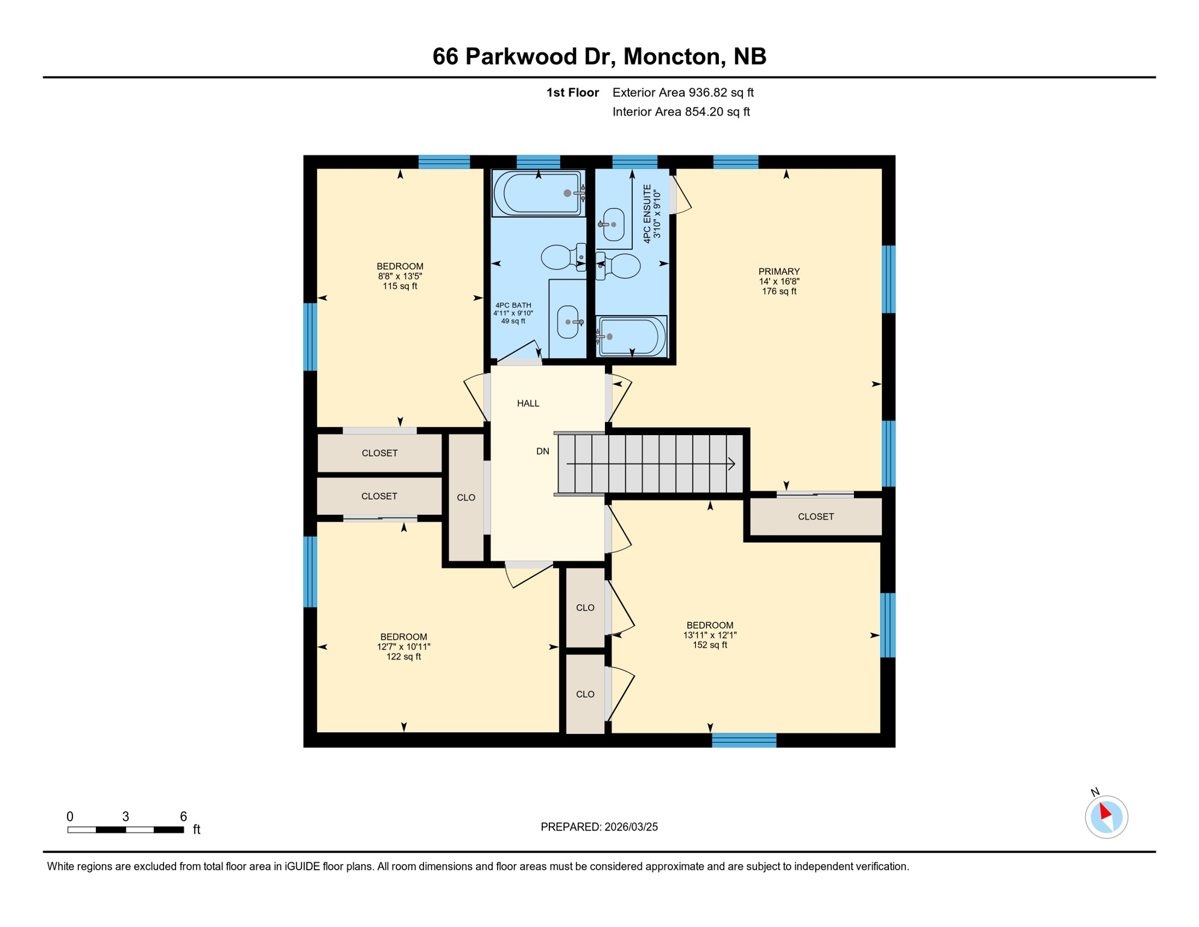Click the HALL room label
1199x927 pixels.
[528, 403]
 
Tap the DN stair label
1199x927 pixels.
[542, 451]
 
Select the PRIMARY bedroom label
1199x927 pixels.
[779, 272]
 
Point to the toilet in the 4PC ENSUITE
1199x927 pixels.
[620, 266]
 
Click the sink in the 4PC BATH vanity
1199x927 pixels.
[568, 322]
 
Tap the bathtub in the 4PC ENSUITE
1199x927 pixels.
[631, 337]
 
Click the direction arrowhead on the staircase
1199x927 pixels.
[732, 464]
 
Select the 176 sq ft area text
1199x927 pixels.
[779, 291]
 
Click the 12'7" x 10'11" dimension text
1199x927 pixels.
[403, 647]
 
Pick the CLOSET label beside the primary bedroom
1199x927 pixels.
[815, 517]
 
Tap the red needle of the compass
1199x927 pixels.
[1105, 811]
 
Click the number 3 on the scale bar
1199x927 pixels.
[125, 817]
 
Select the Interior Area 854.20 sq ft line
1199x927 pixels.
[681, 112]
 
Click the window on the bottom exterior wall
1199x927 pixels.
[744, 741]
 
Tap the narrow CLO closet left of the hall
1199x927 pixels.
[466, 498]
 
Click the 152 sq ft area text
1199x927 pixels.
[709, 645]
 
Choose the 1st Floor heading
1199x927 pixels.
[572, 92]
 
